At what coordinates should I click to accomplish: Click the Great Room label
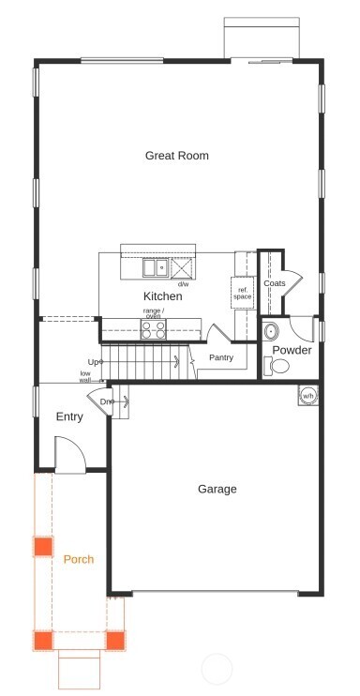click(176, 156)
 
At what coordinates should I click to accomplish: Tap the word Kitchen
click(162, 296)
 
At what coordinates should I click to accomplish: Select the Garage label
click(217, 489)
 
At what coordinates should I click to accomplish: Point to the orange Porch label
click(78, 559)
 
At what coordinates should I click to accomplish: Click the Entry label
click(69, 416)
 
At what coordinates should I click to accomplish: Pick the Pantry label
click(221, 357)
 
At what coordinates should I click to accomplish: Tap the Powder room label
click(292, 351)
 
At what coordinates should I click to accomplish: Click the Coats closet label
click(274, 283)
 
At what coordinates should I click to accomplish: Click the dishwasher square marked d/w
click(182, 268)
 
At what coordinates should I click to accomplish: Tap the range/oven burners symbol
click(153, 329)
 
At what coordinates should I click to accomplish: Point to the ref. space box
click(243, 293)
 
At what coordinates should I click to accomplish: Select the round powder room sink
click(272, 331)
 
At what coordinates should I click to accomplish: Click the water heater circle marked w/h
click(307, 395)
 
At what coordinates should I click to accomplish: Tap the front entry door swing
click(71, 459)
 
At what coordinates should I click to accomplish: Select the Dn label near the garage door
click(107, 401)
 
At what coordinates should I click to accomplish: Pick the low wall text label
click(85, 376)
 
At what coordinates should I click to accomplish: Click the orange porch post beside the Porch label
click(42, 547)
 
